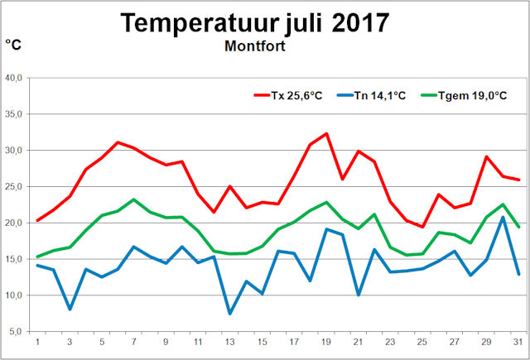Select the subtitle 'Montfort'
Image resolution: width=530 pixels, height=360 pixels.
coord(255,46)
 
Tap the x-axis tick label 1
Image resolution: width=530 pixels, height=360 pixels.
coord(37,343)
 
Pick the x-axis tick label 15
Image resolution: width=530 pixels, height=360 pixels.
coord(263,343)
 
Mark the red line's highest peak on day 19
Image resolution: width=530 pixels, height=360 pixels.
coord(326,133)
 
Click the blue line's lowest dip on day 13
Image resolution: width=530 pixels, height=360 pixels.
coord(230,313)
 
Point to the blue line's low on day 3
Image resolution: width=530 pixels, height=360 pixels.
coord(70,309)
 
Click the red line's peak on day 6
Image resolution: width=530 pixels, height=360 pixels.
coord(118,142)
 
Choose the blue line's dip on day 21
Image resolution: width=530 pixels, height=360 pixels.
coord(359,295)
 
